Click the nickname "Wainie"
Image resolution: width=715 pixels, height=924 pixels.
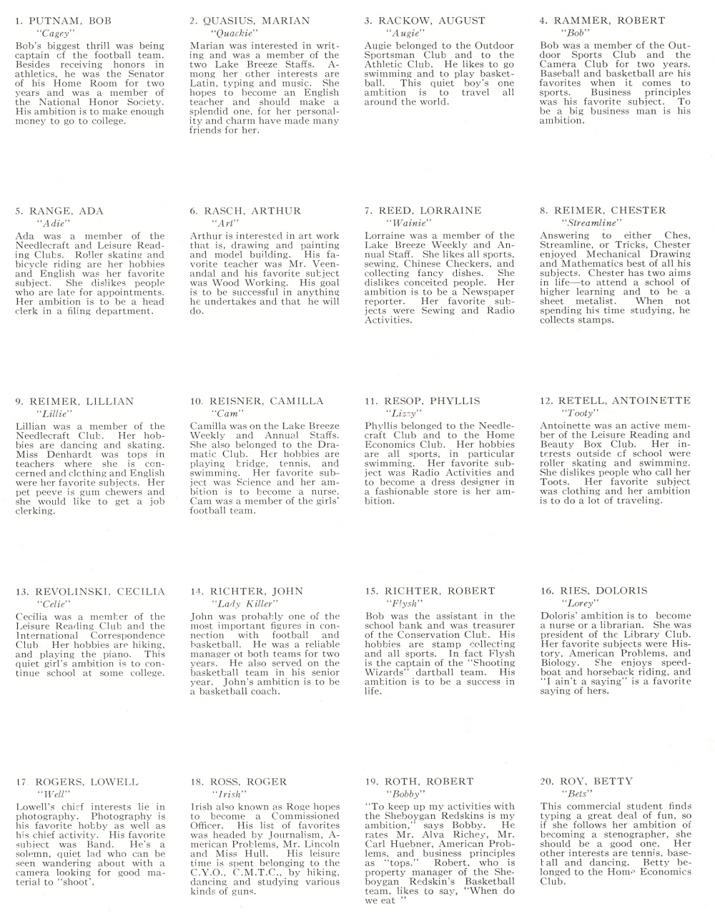coord(400,223)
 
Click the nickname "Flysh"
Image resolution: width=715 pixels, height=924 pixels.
coord(400,604)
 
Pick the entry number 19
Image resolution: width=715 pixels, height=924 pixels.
coord(371,782)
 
